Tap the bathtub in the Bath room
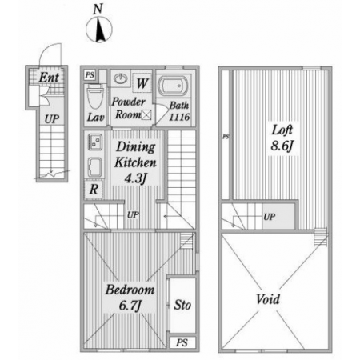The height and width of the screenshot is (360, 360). [x=173, y=86]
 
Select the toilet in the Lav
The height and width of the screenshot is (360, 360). [x=95, y=97]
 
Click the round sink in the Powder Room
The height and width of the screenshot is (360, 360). [x=121, y=78]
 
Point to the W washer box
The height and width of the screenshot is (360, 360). [x=142, y=83]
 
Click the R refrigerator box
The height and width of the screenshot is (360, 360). [x=94, y=190]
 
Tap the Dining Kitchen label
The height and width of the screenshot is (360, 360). [x=135, y=154]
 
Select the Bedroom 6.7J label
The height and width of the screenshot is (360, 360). [x=130, y=298]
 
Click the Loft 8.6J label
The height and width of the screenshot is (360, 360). [x=282, y=138]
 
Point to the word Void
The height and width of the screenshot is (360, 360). [x=268, y=299]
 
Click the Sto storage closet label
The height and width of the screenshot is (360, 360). [x=182, y=305]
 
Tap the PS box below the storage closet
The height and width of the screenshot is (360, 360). [x=182, y=342]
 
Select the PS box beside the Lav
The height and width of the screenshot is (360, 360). [x=90, y=75]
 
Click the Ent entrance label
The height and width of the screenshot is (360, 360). [x=49, y=78]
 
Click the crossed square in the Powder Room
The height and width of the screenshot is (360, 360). [x=146, y=115]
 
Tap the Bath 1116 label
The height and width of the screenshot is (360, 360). [x=179, y=111]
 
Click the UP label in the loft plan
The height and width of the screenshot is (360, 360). [x=270, y=217]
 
